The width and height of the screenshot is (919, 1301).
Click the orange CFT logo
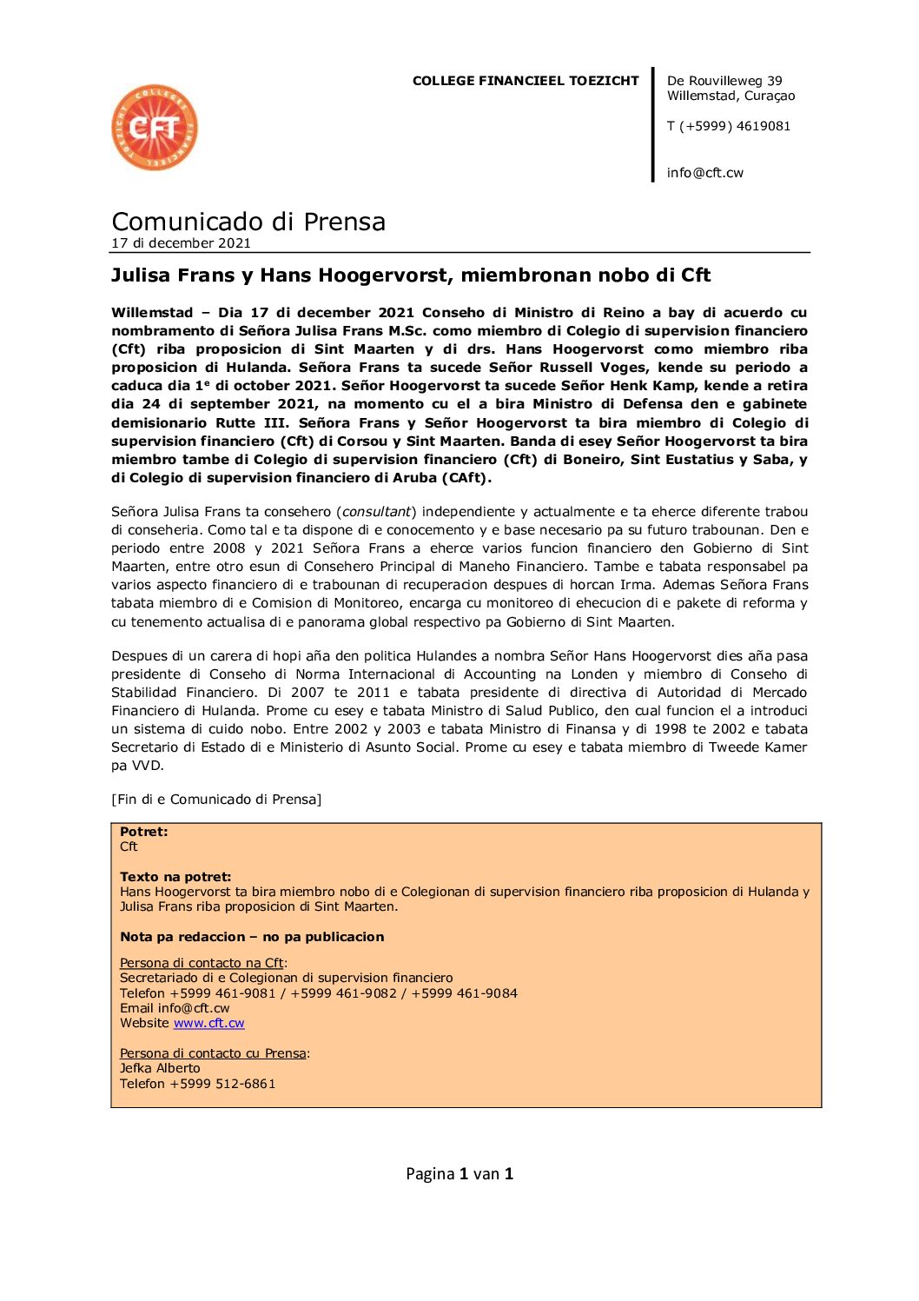155,128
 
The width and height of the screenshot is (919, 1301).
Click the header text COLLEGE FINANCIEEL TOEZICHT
525,81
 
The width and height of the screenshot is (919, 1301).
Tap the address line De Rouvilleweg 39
724,81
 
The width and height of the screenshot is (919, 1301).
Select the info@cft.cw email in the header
704,173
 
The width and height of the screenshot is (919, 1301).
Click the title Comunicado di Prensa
248,222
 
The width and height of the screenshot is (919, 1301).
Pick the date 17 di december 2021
181,243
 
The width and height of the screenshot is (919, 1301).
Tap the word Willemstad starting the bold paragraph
152,313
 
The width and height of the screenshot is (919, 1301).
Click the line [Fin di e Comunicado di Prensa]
216,800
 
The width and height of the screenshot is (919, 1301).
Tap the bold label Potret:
143,832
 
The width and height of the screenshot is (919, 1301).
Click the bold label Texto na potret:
175,877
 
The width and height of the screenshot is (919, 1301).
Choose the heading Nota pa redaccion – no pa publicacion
252,937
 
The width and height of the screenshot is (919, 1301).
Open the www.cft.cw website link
208,1023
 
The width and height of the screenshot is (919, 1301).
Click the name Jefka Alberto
160,1068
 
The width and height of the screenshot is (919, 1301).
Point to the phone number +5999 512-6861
222,1084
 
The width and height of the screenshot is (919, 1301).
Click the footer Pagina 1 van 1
459,1174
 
